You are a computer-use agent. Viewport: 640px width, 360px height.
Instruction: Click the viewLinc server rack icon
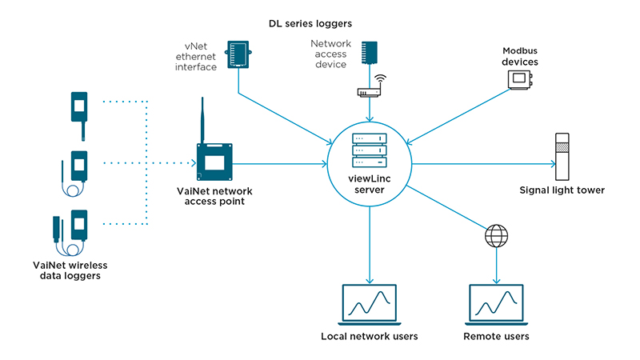tap(369, 149)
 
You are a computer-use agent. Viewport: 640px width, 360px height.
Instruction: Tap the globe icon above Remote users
tap(496, 237)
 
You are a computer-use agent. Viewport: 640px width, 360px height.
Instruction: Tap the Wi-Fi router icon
tap(369, 88)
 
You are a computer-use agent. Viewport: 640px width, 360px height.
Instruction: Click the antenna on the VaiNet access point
tap(203, 120)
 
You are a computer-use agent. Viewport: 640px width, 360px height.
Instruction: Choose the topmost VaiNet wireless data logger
tap(79, 108)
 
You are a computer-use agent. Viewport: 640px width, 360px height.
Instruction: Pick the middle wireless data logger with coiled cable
tap(78, 170)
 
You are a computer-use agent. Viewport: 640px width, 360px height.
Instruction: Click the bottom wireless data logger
tap(72, 226)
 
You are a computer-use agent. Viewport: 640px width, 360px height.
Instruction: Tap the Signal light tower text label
tap(562, 190)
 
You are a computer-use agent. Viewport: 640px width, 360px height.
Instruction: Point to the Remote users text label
tap(496, 336)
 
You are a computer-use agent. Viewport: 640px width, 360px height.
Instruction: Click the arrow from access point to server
tap(280, 164)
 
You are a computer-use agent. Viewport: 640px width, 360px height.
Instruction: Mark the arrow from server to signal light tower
tap(480, 164)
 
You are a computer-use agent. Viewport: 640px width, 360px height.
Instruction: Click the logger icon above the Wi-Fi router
tap(369, 53)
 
